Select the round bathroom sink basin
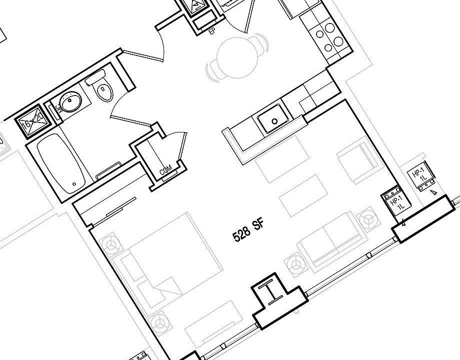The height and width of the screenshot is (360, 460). pos(70,103)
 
